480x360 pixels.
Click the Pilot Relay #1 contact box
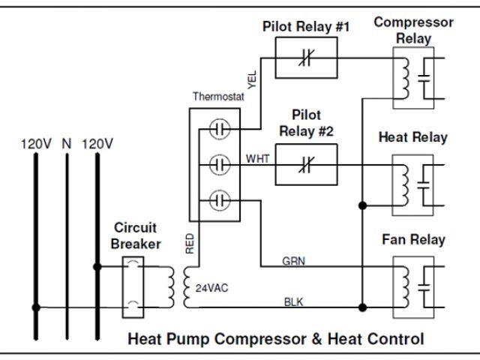[x=305, y=58]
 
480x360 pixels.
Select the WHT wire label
[x=257, y=158]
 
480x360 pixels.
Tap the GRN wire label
[x=293, y=261]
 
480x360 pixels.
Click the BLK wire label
[x=293, y=301]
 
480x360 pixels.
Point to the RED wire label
[x=190, y=243]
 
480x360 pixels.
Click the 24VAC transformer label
[x=208, y=287]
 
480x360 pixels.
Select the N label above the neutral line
[x=66, y=142]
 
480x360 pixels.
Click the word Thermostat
[x=217, y=97]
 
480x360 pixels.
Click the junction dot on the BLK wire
[x=362, y=307]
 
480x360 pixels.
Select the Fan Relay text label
[x=413, y=240]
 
